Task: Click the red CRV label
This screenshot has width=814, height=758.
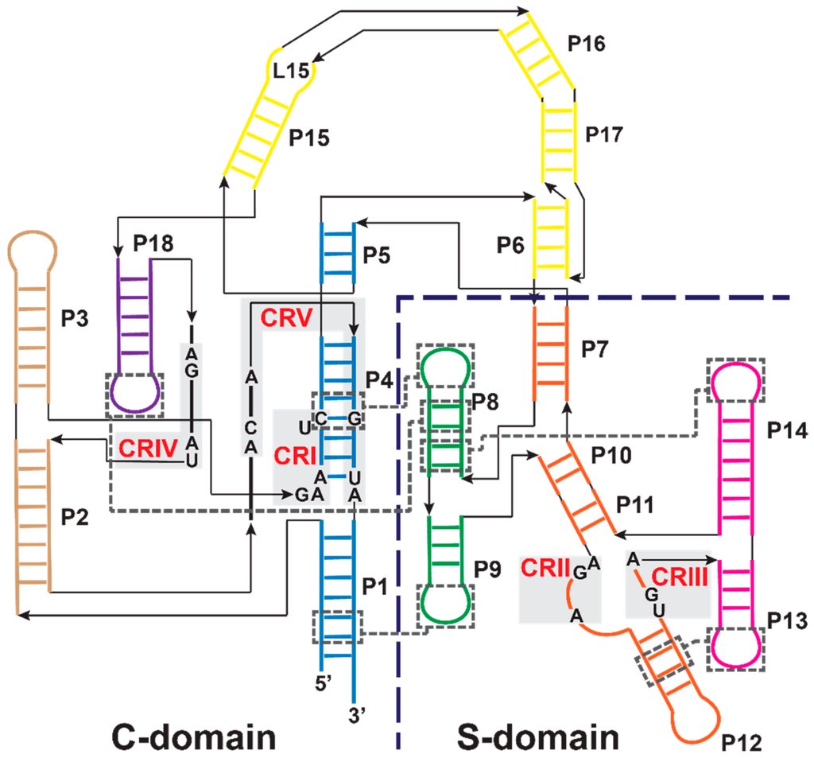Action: [284, 317]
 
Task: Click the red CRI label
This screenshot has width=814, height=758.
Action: [294, 456]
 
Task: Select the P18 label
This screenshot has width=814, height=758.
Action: [153, 243]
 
